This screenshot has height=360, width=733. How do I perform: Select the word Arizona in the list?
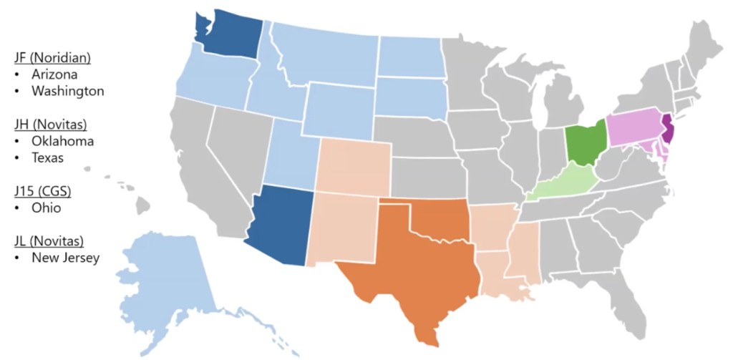(x=55, y=74)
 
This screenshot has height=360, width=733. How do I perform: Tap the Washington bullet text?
(x=68, y=91)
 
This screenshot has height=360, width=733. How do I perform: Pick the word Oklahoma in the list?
(x=63, y=141)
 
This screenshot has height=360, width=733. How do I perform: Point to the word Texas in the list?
(x=48, y=157)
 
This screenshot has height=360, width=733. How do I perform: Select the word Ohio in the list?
(x=47, y=208)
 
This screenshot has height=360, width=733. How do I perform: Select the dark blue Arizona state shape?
(x=279, y=225)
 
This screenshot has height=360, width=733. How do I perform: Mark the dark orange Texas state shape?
(x=408, y=272)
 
